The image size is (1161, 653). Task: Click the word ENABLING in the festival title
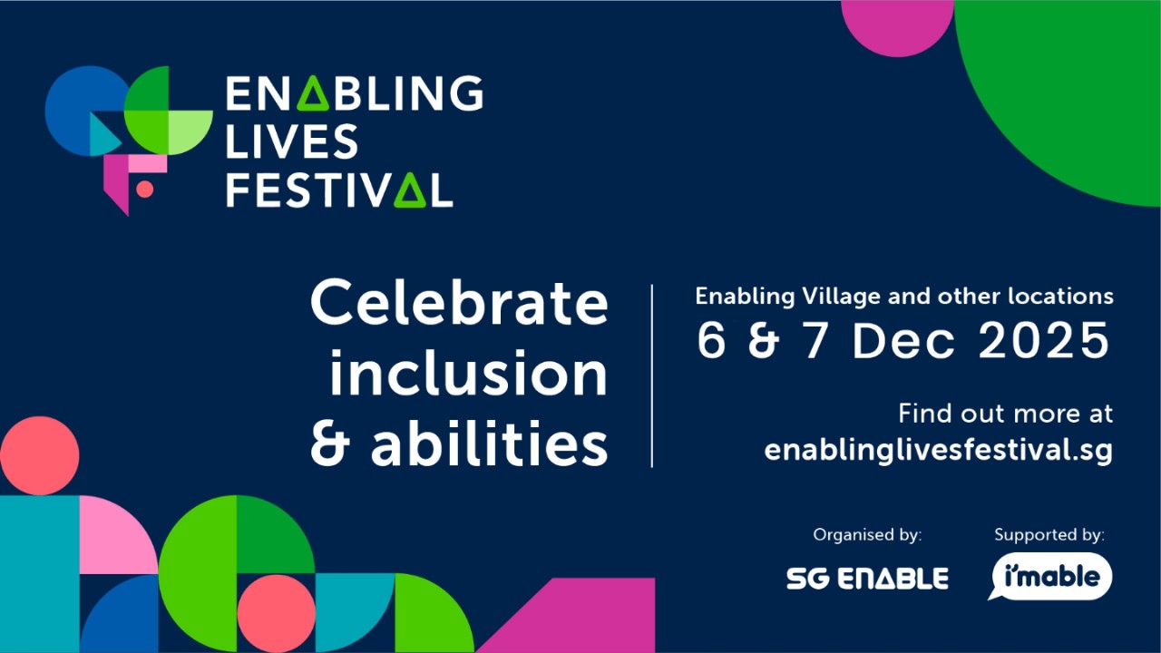pos(354,93)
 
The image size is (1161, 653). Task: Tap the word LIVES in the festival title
pos(291,141)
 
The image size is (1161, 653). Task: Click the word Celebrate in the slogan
pos(459,303)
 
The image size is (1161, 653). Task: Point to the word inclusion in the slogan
pos(468,374)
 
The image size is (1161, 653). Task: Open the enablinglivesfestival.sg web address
pos(938,450)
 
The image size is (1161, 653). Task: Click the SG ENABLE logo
pos(867,579)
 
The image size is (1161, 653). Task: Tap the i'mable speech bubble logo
pos(1049,577)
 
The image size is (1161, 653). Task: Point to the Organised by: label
pos(867,535)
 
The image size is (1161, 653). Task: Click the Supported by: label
pos(1049,535)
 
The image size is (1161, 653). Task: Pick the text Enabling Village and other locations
pos(903,296)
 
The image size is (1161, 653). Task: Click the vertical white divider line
pos(651,375)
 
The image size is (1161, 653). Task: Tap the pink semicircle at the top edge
pos(897,23)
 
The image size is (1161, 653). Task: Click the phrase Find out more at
pos(1005,414)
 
